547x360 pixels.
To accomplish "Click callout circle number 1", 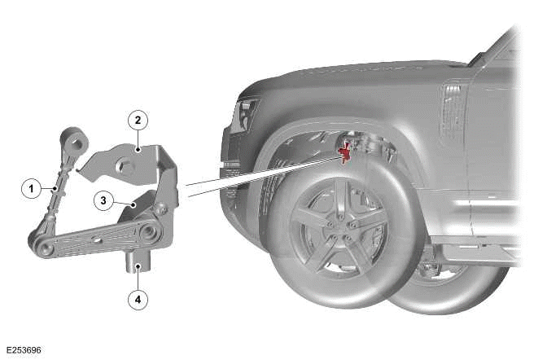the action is [x=31, y=189].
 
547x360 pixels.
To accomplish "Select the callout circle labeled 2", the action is [x=138, y=120].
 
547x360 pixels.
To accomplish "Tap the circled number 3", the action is [x=103, y=201].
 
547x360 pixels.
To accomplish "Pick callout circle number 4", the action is [x=138, y=300].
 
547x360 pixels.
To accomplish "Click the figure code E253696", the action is [x=24, y=350].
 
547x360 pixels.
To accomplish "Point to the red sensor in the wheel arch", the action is [x=345, y=151].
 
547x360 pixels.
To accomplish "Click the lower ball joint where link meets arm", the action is [x=42, y=245].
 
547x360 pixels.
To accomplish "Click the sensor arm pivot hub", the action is [x=148, y=232].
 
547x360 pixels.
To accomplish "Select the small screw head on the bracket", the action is [x=163, y=209].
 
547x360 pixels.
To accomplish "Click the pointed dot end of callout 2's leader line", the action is [x=138, y=149].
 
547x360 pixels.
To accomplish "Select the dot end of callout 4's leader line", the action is [x=138, y=266].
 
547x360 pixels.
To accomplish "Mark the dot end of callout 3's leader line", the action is [x=133, y=204].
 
